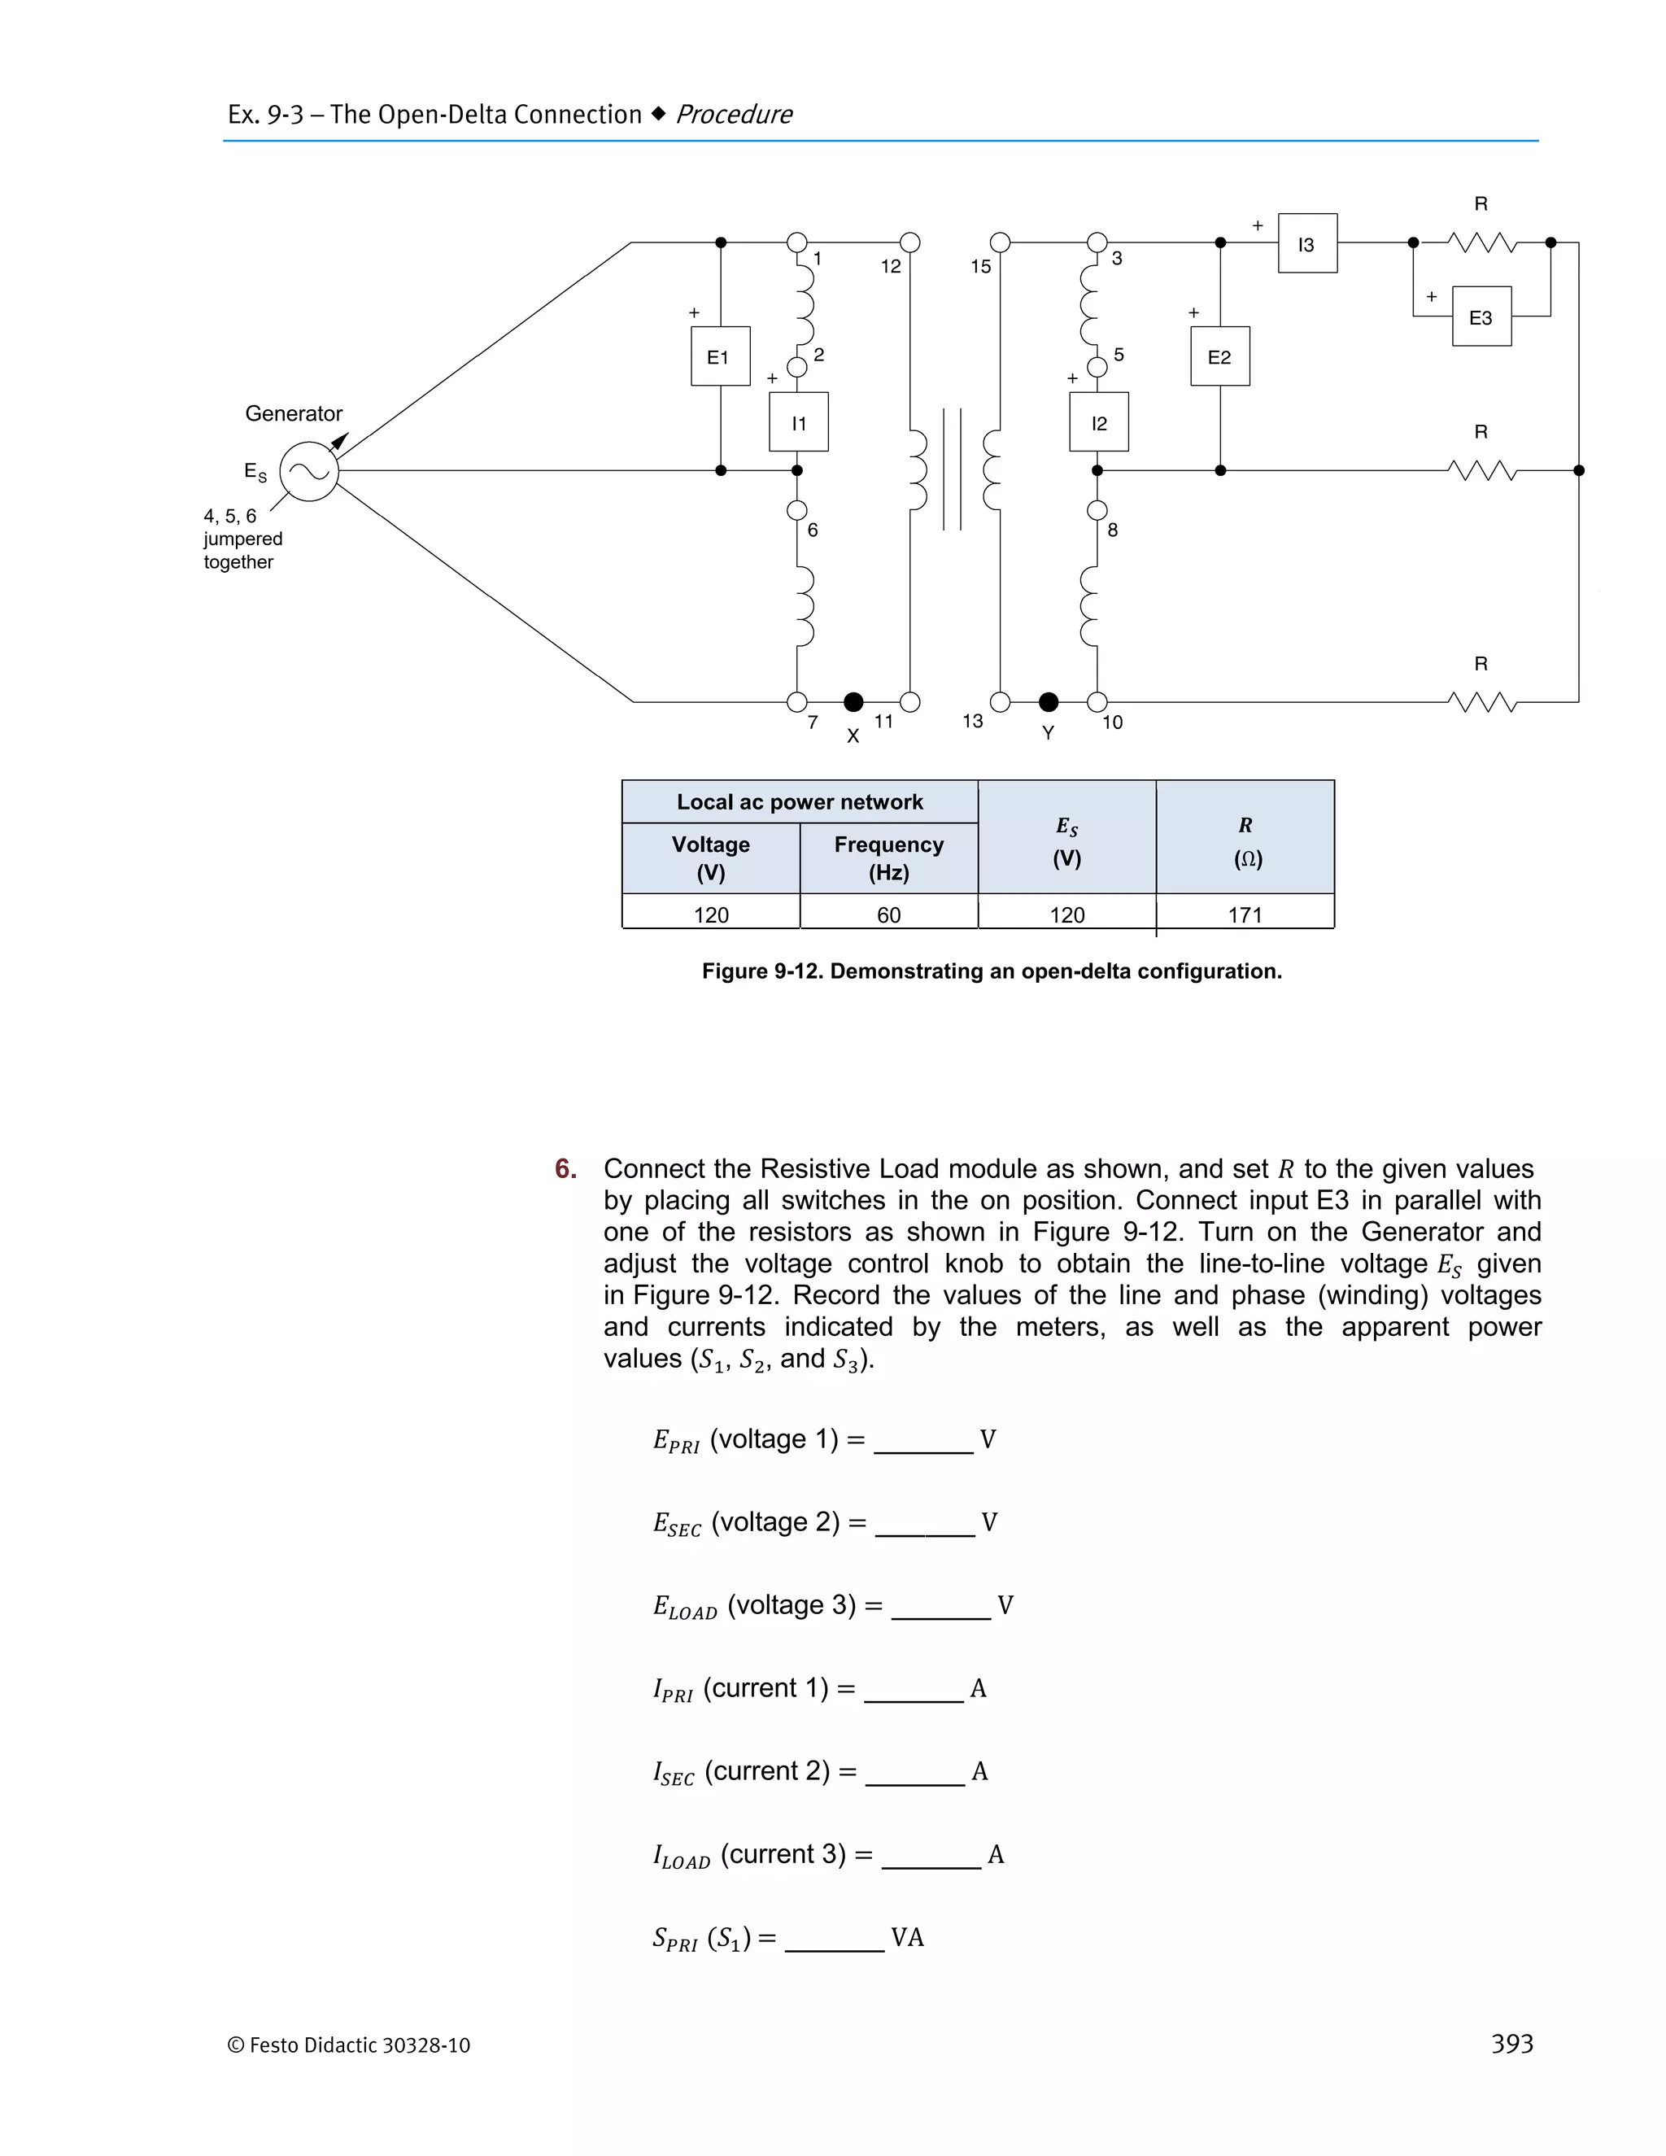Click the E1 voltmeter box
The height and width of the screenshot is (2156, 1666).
(719, 356)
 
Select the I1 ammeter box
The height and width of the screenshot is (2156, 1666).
(799, 422)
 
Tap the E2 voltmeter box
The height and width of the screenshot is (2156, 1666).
(1220, 356)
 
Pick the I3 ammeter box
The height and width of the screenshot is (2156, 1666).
(1306, 244)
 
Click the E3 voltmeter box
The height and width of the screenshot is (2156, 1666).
(1481, 316)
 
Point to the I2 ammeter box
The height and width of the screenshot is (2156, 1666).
(1098, 422)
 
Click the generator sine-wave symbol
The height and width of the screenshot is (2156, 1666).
(309, 472)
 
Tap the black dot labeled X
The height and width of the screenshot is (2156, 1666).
(853, 702)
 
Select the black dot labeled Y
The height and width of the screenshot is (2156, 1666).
(1048, 702)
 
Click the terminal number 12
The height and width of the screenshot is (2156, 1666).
(890, 267)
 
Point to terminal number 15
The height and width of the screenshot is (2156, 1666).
(980, 267)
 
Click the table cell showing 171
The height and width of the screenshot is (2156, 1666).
(1245, 915)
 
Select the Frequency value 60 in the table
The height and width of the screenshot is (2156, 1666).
(888, 915)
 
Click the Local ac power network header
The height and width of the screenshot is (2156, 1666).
(800, 802)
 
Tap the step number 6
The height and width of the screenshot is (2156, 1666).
(565, 1169)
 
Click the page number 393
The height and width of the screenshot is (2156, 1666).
(1511, 2044)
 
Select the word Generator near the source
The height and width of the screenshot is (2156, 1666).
(293, 413)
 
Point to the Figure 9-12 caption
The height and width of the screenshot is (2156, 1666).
(991, 971)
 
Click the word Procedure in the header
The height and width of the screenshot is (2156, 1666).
(735, 115)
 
